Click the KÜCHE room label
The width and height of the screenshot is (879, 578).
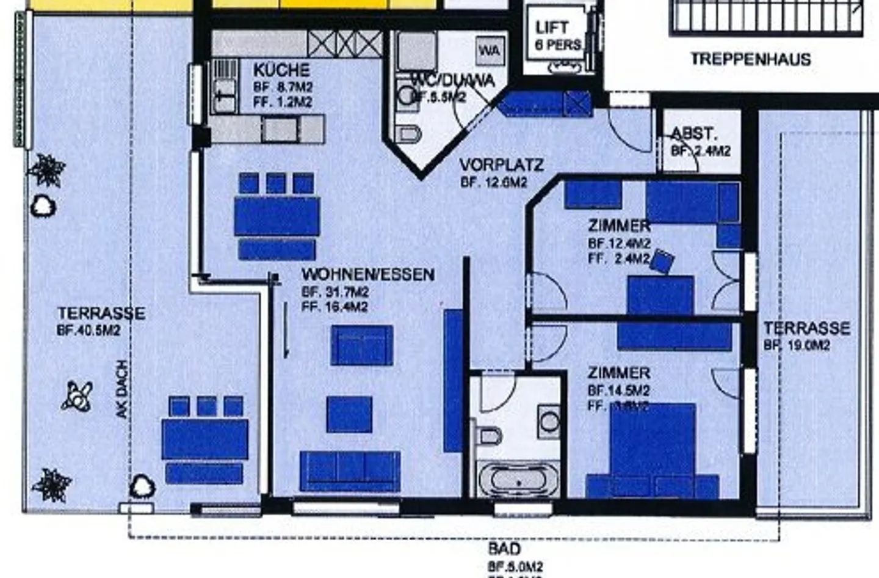point(281,70)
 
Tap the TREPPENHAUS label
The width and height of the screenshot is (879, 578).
point(750,59)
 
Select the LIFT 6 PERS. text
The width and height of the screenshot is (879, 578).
point(557,35)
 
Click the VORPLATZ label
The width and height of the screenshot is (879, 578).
point(501,165)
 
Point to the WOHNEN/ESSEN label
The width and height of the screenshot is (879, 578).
point(368,274)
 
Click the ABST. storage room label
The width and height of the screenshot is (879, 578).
point(694,134)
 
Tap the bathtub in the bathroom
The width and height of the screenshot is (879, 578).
point(518,480)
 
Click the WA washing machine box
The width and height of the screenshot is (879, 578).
point(490,50)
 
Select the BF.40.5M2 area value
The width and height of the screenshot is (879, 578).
point(89,331)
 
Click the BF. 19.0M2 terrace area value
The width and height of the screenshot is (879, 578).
point(797,345)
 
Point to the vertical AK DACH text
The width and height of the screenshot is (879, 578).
point(123,390)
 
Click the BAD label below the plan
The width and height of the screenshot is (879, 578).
point(504,548)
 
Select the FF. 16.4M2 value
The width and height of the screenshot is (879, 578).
point(335,307)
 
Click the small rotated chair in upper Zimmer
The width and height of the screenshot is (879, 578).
point(662,261)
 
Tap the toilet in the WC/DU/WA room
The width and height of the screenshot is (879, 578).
point(408,133)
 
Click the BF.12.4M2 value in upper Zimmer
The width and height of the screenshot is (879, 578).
point(619,243)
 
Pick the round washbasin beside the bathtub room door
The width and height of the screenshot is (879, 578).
point(549,421)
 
